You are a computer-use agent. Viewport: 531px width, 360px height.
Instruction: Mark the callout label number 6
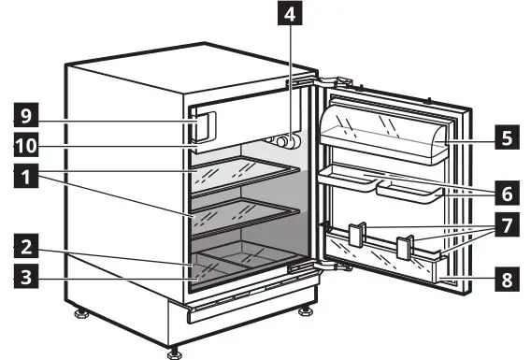coord(506,194)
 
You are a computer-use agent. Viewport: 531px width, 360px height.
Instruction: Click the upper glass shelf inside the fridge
coord(248,175)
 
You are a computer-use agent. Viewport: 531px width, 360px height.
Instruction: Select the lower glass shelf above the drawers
coord(248,214)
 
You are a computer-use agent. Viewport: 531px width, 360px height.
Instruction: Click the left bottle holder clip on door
coord(356,235)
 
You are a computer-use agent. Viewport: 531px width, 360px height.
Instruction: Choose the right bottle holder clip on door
coord(404,247)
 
